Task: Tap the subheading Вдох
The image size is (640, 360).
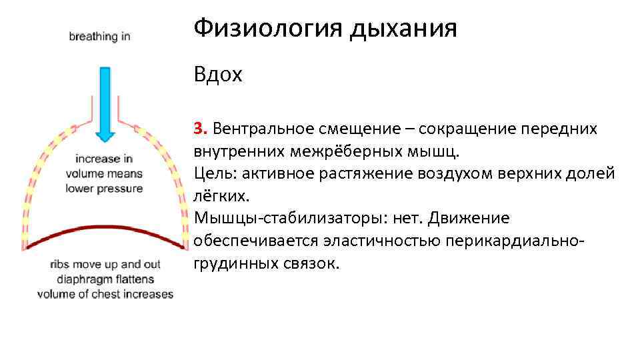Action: tap(218, 75)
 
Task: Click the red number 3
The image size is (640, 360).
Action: tap(198, 129)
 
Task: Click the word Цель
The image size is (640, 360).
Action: tap(214, 173)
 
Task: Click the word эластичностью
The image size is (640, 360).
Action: tap(380, 240)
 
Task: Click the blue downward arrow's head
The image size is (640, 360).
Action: tap(105, 135)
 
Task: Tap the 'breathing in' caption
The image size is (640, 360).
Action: tap(99, 37)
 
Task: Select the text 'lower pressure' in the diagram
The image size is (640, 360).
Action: tap(104, 189)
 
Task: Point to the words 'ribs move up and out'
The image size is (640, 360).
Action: tap(104, 264)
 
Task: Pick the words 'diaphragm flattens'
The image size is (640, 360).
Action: tap(104, 279)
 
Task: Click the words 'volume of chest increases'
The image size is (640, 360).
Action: tap(105, 294)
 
